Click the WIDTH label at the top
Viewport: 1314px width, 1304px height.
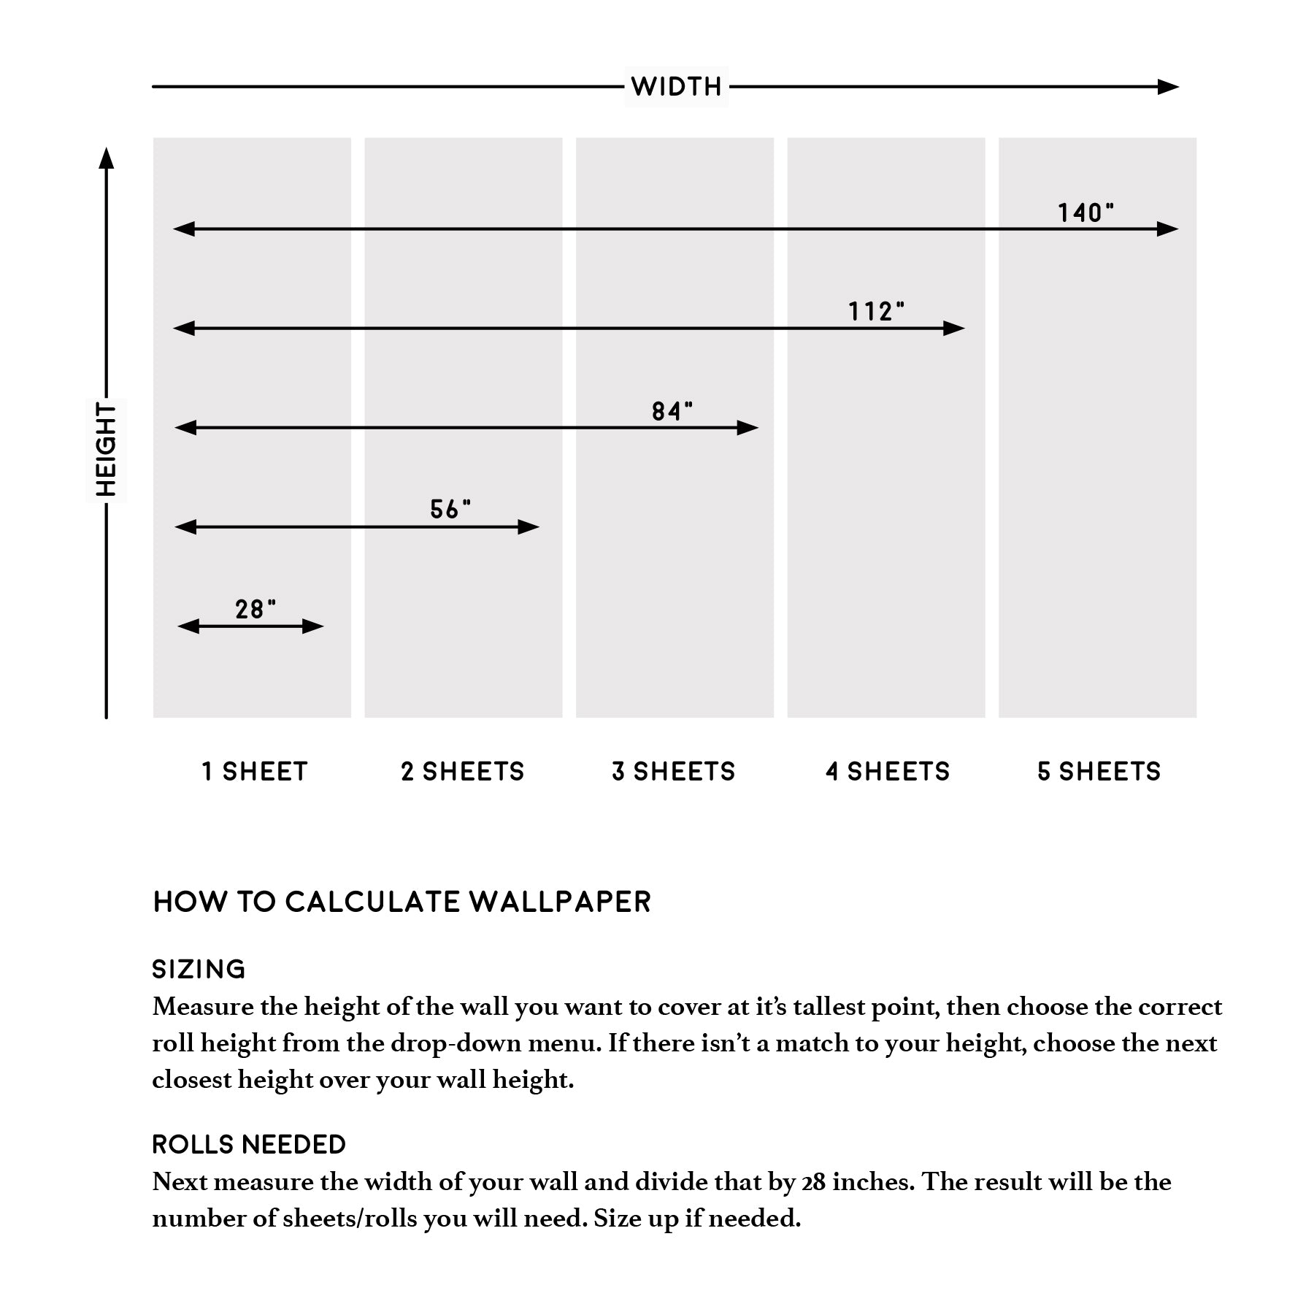pyautogui.click(x=676, y=87)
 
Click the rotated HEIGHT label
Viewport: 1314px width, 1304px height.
pyautogui.click(x=107, y=450)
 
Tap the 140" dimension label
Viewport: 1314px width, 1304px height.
pyautogui.click(x=1086, y=213)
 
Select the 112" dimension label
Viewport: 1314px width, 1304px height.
pyautogui.click(x=875, y=312)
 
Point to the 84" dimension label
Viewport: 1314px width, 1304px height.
pyautogui.click(x=672, y=412)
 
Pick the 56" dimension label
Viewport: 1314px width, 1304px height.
pyautogui.click(x=450, y=510)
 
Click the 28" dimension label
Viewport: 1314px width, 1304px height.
pyautogui.click(x=255, y=609)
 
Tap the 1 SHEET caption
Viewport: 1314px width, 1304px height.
pyautogui.click(x=255, y=772)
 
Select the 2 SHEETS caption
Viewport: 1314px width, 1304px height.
pyautogui.click(x=463, y=772)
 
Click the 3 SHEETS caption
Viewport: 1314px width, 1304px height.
pyautogui.click(x=674, y=772)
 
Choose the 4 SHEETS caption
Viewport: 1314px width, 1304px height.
pyautogui.click(x=888, y=772)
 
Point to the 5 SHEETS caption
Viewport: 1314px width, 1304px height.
pyautogui.click(x=1099, y=772)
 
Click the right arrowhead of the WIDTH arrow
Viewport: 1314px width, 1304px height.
pyautogui.click(x=1169, y=87)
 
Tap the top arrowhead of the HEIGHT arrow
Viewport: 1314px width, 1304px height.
pyautogui.click(x=107, y=158)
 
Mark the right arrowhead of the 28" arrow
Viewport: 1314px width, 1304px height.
pyautogui.click(x=313, y=626)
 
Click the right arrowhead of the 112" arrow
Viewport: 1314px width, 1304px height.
pyautogui.click(x=954, y=329)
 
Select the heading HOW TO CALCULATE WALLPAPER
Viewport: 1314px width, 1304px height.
pyautogui.click(x=401, y=902)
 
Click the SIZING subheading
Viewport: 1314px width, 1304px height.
pyautogui.click(x=199, y=970)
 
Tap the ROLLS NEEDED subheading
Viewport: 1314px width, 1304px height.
pyautogui.click(x=249, y=1145)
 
